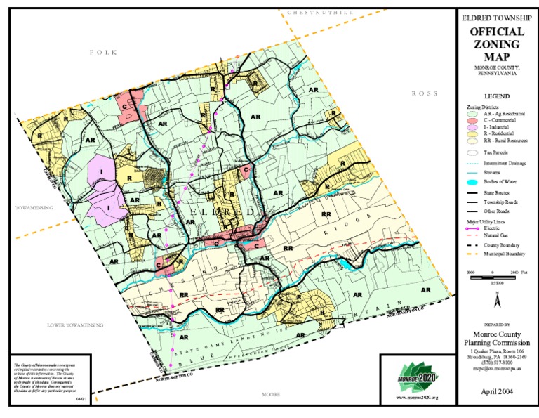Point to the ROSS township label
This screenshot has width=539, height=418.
[x=425, y=93]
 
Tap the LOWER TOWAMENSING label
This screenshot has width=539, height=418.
[x=75, y=325]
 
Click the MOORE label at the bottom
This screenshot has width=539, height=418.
[x=271, y=395]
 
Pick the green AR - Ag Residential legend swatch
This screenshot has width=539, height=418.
[x=473, y=113]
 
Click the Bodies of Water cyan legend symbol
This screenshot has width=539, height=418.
[x=473, y=181]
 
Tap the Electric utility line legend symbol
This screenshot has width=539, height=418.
[x=473, y=228]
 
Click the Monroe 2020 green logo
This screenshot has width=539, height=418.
[x=417, y=374]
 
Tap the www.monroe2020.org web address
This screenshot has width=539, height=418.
[x=417, y=398]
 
